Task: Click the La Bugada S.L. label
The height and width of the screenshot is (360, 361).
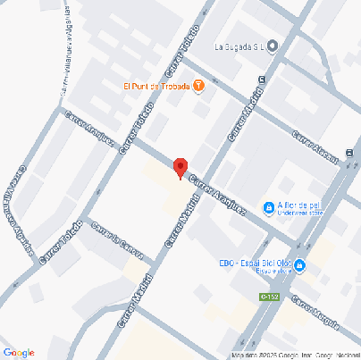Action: point(240,46)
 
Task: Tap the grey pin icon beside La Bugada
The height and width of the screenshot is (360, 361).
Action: point(273,46)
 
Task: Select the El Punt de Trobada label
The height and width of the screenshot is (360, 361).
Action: point(156,86)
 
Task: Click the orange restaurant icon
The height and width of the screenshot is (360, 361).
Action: point(198,86)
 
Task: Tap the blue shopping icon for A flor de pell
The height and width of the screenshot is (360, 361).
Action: point(268,208)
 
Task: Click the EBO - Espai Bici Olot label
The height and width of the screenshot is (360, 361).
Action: point(255,263)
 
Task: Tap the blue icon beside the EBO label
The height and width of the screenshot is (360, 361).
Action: point(300,265)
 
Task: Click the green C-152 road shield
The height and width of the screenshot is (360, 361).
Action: point(269,297)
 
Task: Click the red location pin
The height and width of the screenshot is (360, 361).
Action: point(180,167)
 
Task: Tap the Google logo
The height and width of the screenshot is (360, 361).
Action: point(19,351)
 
